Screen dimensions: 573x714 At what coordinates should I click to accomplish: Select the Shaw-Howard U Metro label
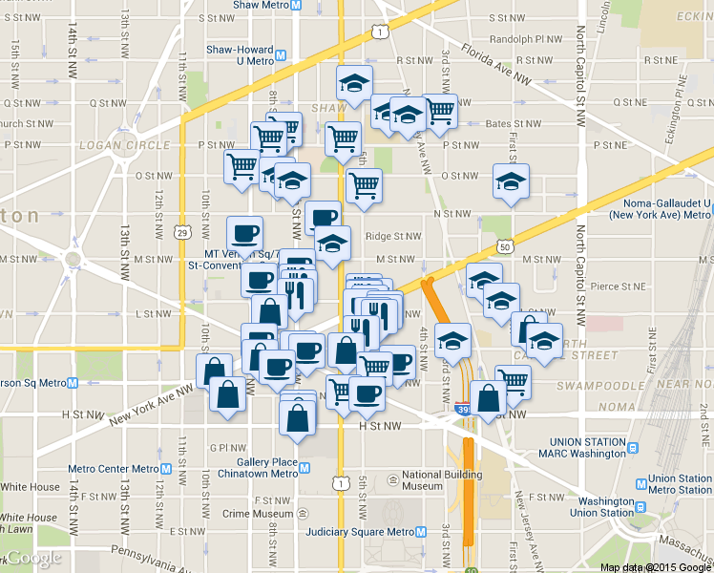[245, 54]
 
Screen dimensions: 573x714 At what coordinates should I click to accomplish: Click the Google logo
[34, 558]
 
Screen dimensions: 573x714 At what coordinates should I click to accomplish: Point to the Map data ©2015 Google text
[655, 567]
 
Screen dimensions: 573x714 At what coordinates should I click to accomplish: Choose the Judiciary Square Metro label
[359, 532]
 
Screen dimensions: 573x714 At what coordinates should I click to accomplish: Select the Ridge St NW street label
[392, 236]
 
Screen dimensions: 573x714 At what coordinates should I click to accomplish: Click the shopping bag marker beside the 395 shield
[488, 397]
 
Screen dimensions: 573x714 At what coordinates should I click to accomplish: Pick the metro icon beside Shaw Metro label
[297, 6]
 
